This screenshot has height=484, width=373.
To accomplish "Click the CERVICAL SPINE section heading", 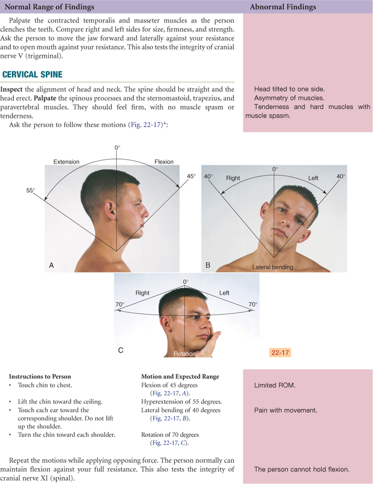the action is (x=33, y=75).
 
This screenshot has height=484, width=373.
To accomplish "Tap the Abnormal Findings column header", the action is (x=283, y=7).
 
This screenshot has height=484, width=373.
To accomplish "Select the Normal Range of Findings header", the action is (x=49, y=7).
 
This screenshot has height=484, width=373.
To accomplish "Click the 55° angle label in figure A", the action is (x=31, y=190).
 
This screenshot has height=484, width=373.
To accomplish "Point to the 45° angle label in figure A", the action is (x=191, y=176).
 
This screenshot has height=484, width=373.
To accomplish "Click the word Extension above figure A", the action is (x=66, y=162).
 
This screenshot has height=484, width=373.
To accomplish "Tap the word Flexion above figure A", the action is (x=164, y=162).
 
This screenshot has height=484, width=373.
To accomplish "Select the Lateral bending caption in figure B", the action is (x=273, y=267).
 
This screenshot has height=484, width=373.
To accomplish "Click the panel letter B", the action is (x=208, y=265).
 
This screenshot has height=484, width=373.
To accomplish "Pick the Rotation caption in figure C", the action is (x=185, y=354).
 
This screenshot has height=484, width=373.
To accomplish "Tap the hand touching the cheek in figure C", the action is (x=210, y=343).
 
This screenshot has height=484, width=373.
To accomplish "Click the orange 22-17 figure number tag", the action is (x=280, y=353).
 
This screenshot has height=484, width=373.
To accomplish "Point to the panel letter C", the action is (x=121, y=350).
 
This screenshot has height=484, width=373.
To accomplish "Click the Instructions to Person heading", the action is (x=40, y=377).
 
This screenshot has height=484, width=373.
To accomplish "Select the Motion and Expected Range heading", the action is (x=180, y=377).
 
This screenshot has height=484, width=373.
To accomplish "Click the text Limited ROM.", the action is (x=275, y=385).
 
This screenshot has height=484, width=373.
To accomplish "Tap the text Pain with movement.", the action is (x=286, y=410).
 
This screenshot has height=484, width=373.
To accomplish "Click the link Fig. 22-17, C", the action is (x=170, y=443).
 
